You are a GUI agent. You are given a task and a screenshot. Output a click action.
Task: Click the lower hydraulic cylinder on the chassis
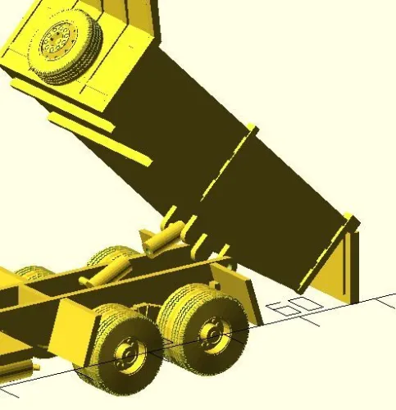coord(105,271)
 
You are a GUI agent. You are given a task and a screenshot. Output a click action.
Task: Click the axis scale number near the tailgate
coord(294,307)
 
